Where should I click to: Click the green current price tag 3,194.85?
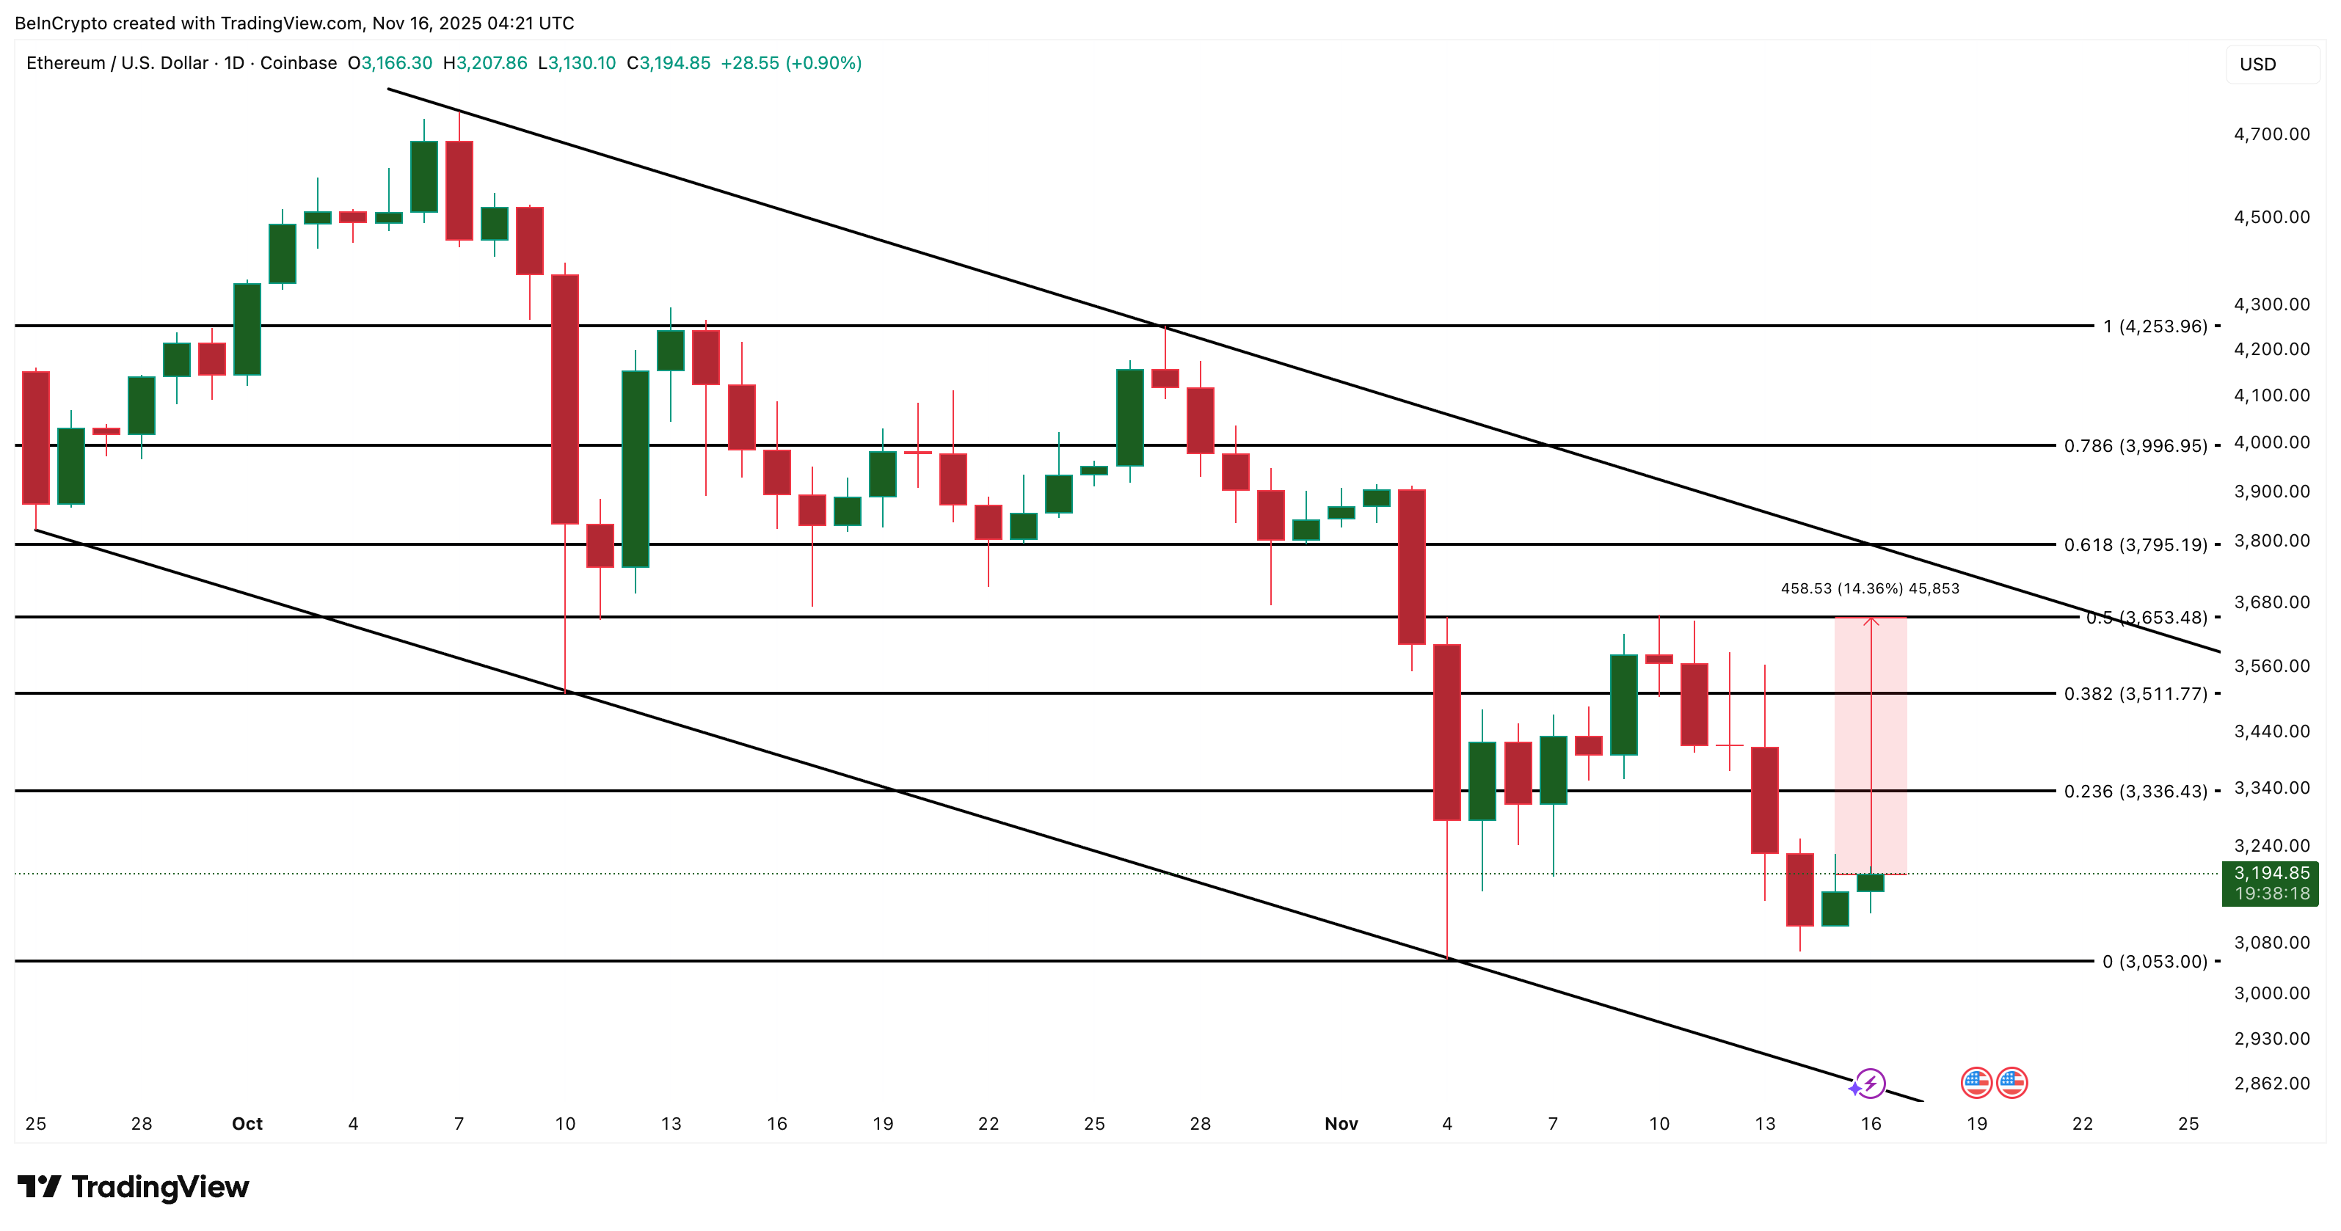(2270, 882)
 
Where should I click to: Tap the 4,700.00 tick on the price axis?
(2271, 134)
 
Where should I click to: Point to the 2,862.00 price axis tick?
(2271, 1083)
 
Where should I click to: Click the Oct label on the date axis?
(247, 1124)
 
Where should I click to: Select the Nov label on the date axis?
(1341, 1124)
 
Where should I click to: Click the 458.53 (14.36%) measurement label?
(1869, 588)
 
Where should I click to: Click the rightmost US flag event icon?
(2012, 1083)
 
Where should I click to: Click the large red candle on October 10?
(565, 400)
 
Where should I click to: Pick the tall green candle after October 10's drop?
(636, 469)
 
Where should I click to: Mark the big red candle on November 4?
(1446, 732)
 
